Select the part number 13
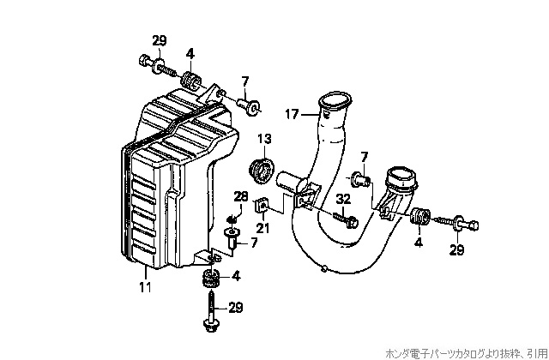[264, 138]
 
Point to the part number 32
[343, 199]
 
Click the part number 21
[262, 227]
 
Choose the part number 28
[240, 197]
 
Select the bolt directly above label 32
[347, 220]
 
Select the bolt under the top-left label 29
[155, 63]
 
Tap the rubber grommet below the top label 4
[191, 82]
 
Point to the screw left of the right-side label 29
[455, 223]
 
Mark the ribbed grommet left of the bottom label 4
[210, 279]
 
